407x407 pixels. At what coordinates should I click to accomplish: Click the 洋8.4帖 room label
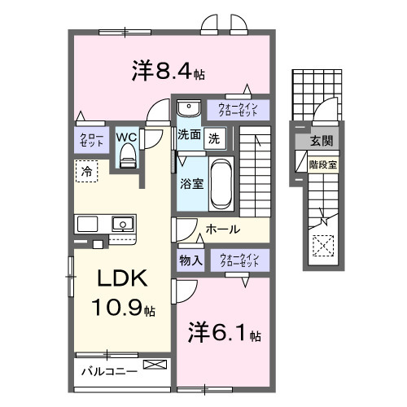pyautogui.click(x=167, y=72)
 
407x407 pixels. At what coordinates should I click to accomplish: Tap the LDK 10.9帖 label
pyautogui.click(x=123, y=293)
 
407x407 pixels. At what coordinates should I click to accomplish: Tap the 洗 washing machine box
pyautogui.click(x=214, y=138)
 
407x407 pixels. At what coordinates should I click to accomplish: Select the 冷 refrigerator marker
pyautogui.click(x=85, y=171)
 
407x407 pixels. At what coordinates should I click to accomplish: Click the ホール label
pyautogui.click(x=222, y=230)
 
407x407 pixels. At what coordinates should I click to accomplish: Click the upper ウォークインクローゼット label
pyautogui.click(x=238, y=109)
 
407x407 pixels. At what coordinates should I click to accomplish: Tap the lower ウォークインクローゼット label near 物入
pyautogui.click(x=239, y=260)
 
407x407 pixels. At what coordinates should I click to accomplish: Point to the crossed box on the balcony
pyautogui.click(x=152, y=365)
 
